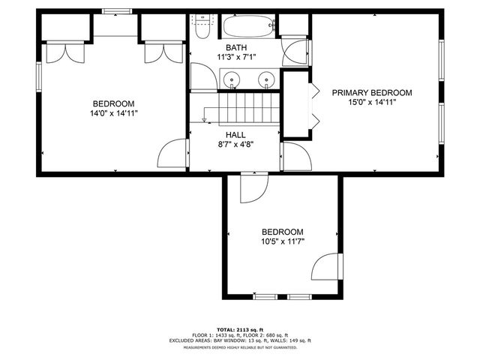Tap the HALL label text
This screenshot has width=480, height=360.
(235, 135)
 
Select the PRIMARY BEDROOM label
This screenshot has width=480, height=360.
(373, 93)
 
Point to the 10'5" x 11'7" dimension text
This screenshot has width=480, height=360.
(282, 241)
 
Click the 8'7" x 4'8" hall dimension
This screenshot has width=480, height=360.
(235, 145)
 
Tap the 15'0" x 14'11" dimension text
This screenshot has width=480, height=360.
(373, 102)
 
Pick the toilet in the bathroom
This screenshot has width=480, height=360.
(202, 27)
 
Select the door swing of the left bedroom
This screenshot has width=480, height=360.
(172, 154)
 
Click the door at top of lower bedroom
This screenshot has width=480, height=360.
(253, 187)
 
